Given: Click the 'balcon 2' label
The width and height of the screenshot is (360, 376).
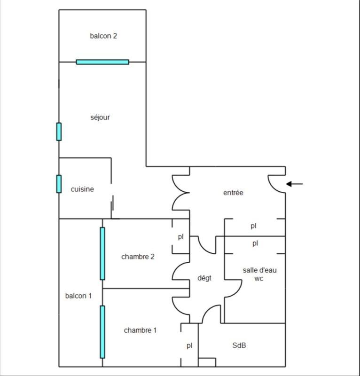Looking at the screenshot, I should coord(103,36).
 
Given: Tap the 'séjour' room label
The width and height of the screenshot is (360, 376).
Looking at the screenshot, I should coord(100,117).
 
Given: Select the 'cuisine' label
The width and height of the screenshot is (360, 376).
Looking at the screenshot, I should coord(82,189).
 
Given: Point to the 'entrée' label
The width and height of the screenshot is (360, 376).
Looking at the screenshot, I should coord(233,192).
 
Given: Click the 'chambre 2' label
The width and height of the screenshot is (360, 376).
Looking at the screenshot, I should coord(138,257).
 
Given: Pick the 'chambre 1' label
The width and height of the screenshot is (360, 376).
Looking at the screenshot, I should coord(140,330).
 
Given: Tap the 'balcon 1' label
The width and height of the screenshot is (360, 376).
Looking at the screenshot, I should coord(78,296).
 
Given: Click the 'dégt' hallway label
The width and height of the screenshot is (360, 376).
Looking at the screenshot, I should coord(204,278).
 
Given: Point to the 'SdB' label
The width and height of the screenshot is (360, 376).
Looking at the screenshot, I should coord(239,345).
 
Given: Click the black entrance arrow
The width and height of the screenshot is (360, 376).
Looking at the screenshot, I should coord(295,184).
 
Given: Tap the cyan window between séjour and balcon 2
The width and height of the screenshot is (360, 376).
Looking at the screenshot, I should coord(102,62).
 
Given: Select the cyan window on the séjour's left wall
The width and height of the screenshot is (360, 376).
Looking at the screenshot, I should coord(59,132).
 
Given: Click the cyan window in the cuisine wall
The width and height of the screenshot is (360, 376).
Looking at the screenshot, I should coord(59,183).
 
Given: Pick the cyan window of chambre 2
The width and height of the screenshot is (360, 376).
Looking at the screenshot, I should coord(102,253).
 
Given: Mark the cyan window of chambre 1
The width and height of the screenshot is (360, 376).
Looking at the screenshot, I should coord(102,331).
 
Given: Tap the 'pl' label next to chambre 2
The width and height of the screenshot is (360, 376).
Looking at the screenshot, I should coord(180,237).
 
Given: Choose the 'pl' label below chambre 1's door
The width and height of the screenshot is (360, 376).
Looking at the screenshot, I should coord(189,345).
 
